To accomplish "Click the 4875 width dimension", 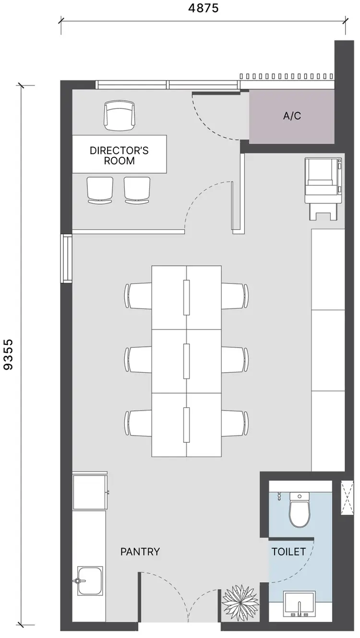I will tap(204, 8).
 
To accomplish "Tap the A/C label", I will tap(292, 116).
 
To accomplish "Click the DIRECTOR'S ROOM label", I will tap(119, 155).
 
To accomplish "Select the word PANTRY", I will tap(140, 552).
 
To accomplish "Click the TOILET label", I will tap(288, 552).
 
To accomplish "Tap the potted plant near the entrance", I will tap(240, 600).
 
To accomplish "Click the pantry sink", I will tap(90, 581).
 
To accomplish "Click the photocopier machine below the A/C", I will tap(324, 187).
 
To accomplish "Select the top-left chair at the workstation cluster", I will tap(139, 296).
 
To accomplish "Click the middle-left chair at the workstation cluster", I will tap(139, 360).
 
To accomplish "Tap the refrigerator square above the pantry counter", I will tap(90, 492).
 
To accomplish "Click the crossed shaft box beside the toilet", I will tap(347, 497).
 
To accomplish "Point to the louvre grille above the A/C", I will tap(287, 76).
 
